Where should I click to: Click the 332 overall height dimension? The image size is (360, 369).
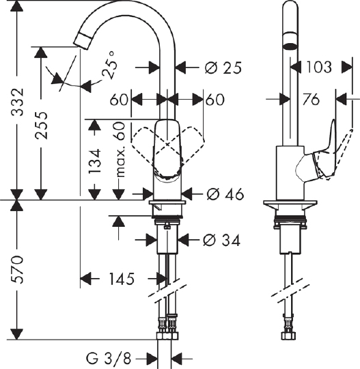tap(18, 102)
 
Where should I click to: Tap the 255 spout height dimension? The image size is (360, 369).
tap(42, 125)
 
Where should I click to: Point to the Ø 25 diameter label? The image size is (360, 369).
tap(223, 68)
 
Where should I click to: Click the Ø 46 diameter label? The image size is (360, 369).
tap(225, 194)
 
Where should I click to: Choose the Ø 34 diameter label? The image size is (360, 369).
tap(222, 241)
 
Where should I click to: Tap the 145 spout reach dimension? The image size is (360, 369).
tap(122, 279)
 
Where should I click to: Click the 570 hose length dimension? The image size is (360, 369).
tap(18, 269)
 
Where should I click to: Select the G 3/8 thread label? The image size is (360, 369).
tap(108, 359)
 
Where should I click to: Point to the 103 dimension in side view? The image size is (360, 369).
tap(319, 67)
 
